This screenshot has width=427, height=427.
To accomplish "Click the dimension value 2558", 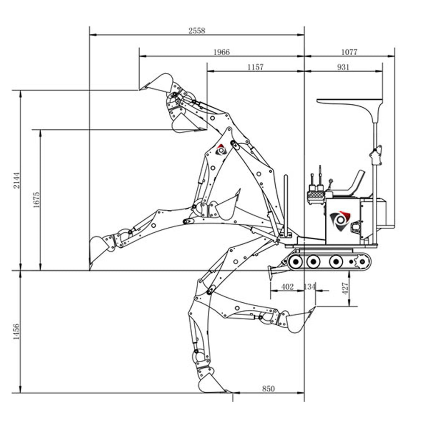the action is [x=197, y=30].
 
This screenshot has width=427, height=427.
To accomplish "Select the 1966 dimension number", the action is [x=221, y=52].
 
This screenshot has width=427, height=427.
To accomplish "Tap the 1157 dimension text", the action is [x=255, y=67].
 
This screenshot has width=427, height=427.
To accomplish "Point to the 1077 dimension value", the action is [x=349, y=52].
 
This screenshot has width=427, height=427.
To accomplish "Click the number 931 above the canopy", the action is [x=343, y=67].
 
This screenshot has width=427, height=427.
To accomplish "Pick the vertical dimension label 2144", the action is [x=17, y=180].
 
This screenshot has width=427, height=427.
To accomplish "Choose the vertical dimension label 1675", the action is [x=36, y=200].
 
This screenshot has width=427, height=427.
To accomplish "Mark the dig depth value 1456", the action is [x=16, y=332].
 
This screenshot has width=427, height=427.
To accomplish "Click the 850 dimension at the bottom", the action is [x=268, y=389].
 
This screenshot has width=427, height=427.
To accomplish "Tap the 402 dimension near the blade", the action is [x=287, y=287].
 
